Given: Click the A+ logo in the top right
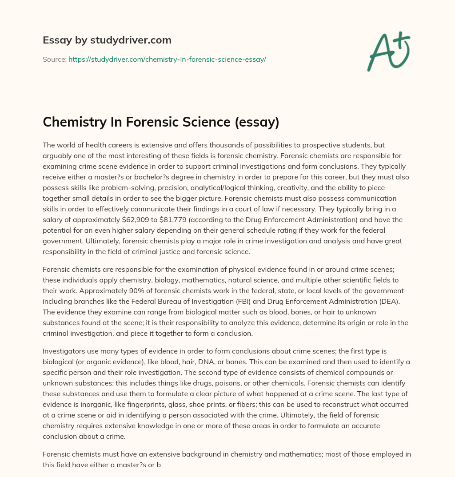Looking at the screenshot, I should [x=388, y=52].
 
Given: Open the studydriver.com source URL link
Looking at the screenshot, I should [x=167, y=59].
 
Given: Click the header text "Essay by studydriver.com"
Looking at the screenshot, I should [x=107, y=40].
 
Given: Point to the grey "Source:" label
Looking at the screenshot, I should [x=54, y=59].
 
